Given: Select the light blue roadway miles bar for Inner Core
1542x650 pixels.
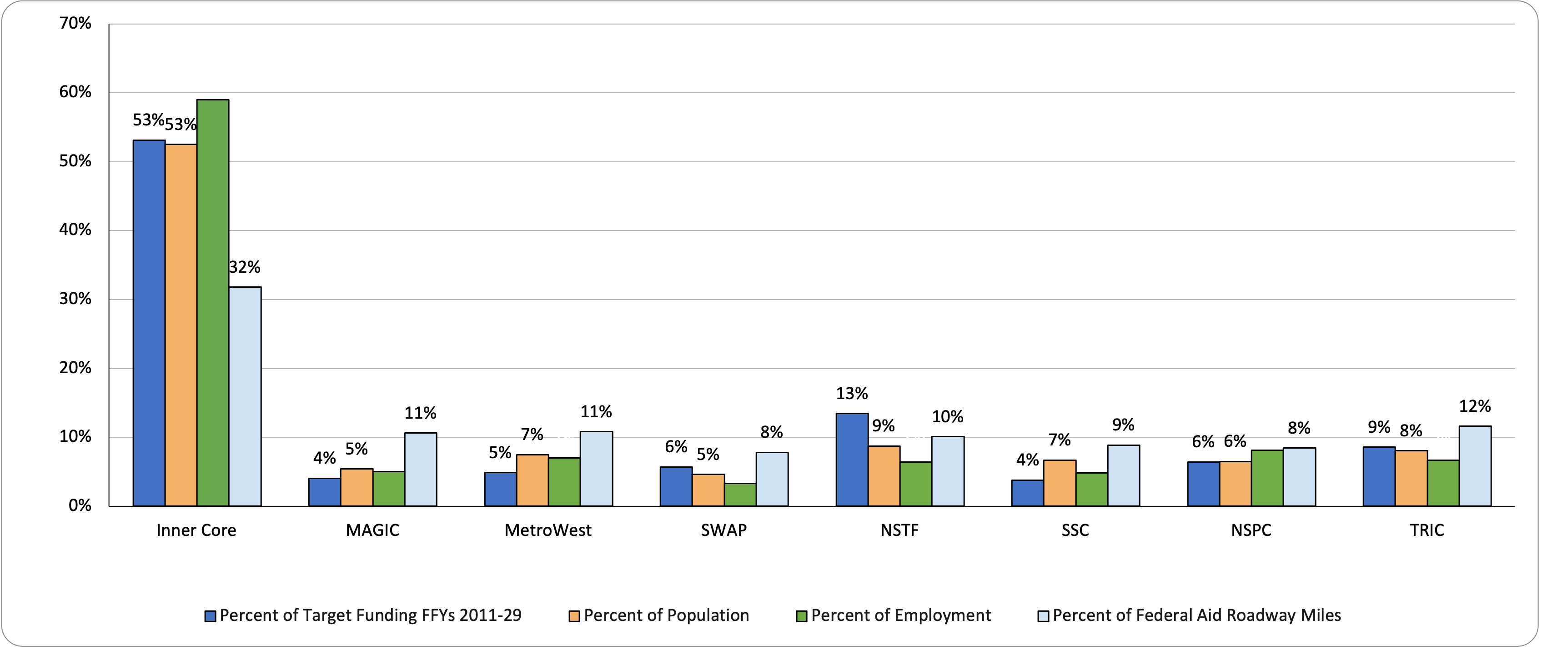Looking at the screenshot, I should pyautogui.click(x=245, y=396).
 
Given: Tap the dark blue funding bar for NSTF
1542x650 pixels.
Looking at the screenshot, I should pyautogui.click(x=852, y=460).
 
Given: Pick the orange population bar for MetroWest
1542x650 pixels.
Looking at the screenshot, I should pyautogui.click(x=532, y=480).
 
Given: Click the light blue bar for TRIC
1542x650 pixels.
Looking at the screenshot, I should pyautogui.click(x=1475, y=465).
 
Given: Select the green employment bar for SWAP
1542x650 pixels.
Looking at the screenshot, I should pyautogui.click(x=740, y=495).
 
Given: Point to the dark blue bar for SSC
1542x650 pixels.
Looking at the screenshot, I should pyautogui.click(x=1027, y=493).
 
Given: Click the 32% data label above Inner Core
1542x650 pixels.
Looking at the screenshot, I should pyautogui.click(x=245, y=267).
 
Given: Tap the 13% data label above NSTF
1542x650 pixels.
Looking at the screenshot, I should pyautogui.click(x=852, y=394).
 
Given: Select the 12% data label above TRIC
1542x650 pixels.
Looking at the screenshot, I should pyautogui.click(x=1475, y=406).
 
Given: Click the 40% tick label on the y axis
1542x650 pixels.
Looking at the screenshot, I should pyautogui.click(x=75, y=230).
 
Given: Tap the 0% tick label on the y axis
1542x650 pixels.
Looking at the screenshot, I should pyautogui.click(x=80, y=506).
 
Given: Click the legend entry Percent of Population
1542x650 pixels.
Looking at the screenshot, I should pyautogui.click(x=666, y=615).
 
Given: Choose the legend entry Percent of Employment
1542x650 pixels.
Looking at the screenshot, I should pyautogui.click(x=900, y=615).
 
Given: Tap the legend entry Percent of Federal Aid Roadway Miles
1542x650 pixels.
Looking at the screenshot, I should pyautogui.click(x=1196, y=615).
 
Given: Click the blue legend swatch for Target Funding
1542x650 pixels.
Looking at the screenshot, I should pyautogui.click(x=210, y=616).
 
